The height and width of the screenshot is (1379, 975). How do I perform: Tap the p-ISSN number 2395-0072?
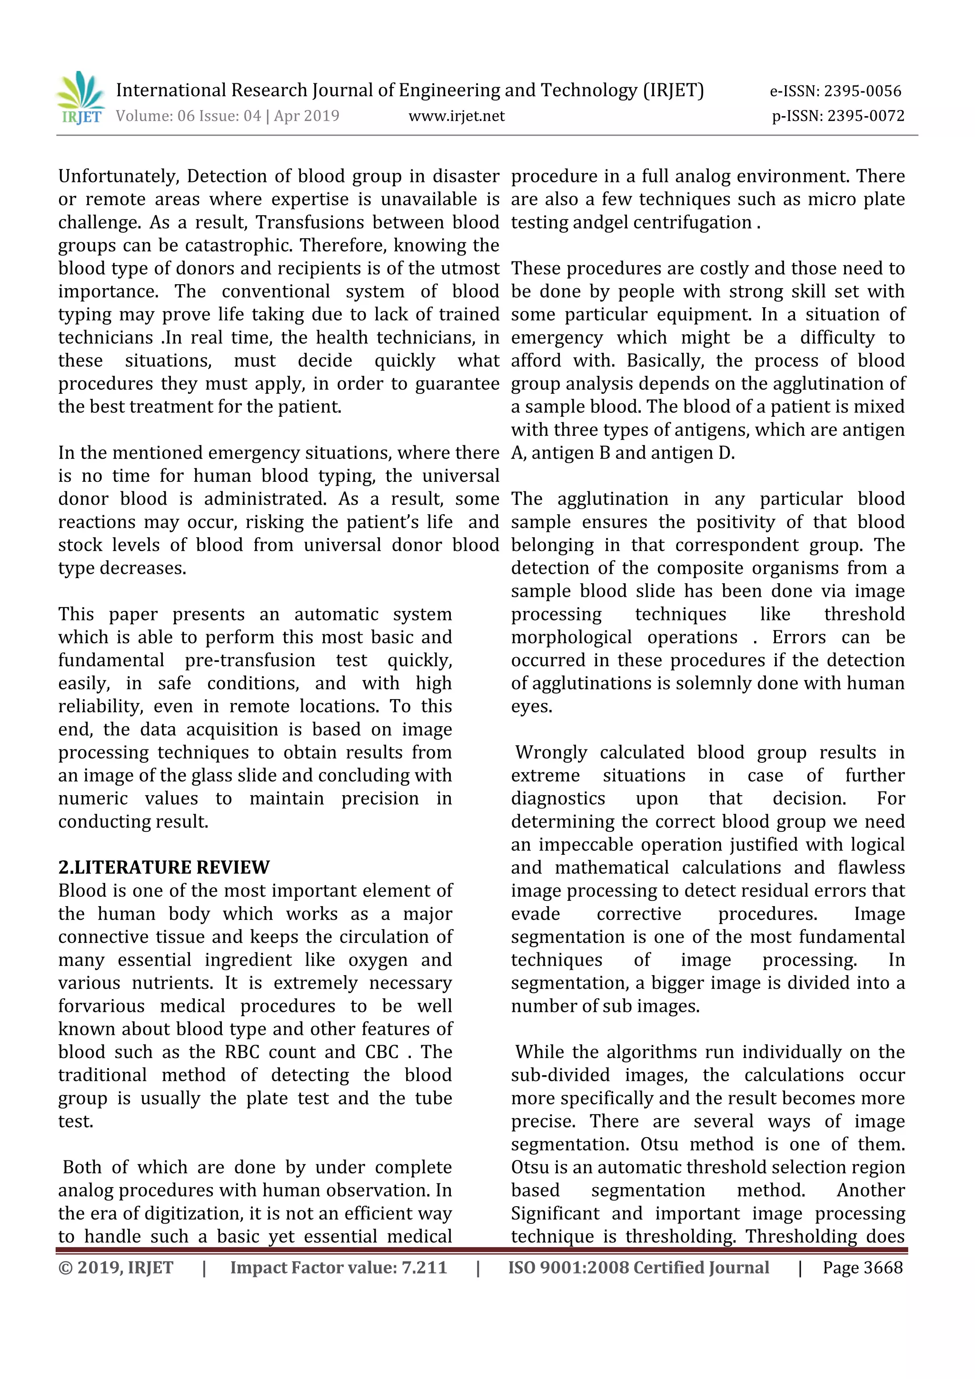[866, 116]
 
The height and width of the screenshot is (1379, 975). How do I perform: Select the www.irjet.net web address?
[456, 116]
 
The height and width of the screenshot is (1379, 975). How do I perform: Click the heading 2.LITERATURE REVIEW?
[164, 867]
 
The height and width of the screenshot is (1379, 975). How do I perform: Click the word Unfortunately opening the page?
[118, 177]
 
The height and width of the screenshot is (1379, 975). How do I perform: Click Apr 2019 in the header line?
[307, 116]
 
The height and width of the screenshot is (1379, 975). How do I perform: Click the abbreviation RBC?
[242, 1052]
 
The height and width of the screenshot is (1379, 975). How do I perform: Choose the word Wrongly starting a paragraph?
[551, 752]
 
